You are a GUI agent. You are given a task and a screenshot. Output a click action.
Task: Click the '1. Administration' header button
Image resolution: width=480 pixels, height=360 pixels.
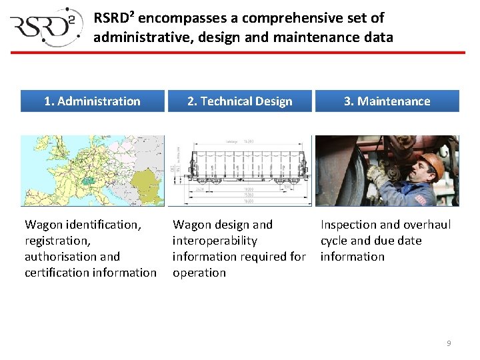click(92, 101)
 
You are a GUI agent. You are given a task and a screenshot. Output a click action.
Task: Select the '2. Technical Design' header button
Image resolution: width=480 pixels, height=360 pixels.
click(240, 101)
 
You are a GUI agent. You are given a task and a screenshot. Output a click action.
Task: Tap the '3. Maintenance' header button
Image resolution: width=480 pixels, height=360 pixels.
click(387, 101)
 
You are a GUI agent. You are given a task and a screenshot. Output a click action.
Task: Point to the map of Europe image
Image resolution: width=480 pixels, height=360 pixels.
click(92, 171)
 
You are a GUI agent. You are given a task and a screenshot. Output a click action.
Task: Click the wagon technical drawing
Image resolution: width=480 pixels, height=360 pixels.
click(240, 171)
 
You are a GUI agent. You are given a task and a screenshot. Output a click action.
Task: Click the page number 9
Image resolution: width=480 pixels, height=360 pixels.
click(449, 343)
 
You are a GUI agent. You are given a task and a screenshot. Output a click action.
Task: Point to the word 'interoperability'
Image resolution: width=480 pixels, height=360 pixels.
click(215, 241)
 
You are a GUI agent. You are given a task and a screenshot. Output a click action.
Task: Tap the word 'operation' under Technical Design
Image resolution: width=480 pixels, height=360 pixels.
click(199, 273)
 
